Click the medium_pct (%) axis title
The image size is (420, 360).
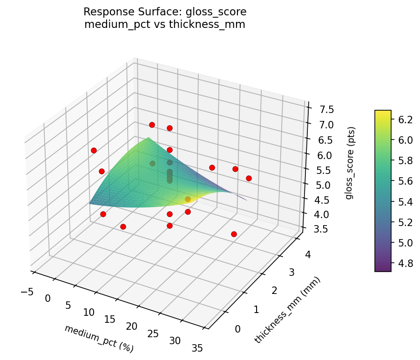coord(98,338)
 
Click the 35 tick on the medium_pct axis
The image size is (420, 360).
coord(196,348)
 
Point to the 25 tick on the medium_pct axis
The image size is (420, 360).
coord(153,334)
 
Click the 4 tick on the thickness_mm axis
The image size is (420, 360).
coord(307,254)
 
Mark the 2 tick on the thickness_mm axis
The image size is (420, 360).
coord(275,290)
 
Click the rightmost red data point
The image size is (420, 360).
coord(249,178)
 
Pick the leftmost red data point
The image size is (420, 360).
coord(94,150)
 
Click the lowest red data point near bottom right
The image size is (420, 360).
coord(234,234)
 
